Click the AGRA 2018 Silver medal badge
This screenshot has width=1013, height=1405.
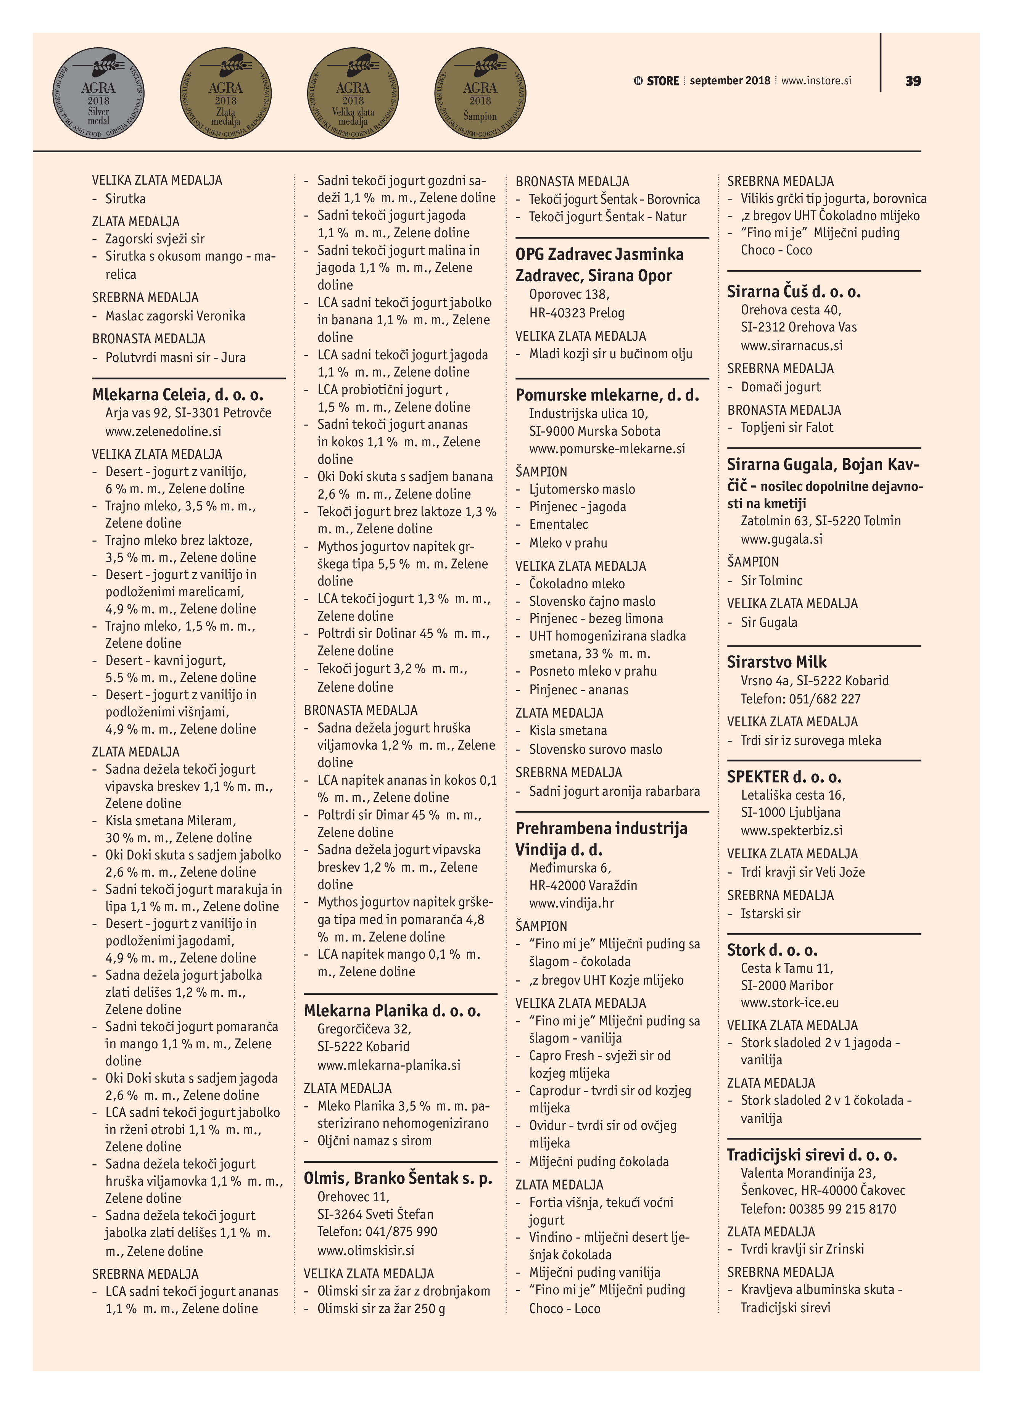coord(98,93)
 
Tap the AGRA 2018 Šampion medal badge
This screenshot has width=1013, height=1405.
coord(480,93)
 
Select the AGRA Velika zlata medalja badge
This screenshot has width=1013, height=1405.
coord(353,93)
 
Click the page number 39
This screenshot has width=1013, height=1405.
coord(913,81)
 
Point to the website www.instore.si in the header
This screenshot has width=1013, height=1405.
coord(816,80)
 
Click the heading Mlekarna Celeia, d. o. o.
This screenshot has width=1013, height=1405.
coord(178,394)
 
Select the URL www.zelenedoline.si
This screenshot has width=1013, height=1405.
coord(163,431)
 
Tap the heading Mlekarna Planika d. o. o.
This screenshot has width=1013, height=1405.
coord(392,1011)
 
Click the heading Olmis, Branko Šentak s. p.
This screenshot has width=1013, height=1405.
coord(398,1178)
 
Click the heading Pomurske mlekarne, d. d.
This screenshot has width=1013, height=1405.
coord(607,394)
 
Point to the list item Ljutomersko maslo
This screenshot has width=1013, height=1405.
coord(582,489)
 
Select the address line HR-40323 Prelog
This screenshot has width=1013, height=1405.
coord(576,313)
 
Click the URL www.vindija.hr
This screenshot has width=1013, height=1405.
coord(571,903)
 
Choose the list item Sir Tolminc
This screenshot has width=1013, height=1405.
coord(771,581)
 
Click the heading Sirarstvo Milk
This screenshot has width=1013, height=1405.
coord(776,661)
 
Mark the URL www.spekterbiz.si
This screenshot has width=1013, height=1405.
coord(791,830)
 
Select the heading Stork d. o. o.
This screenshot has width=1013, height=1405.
coord(772,950)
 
